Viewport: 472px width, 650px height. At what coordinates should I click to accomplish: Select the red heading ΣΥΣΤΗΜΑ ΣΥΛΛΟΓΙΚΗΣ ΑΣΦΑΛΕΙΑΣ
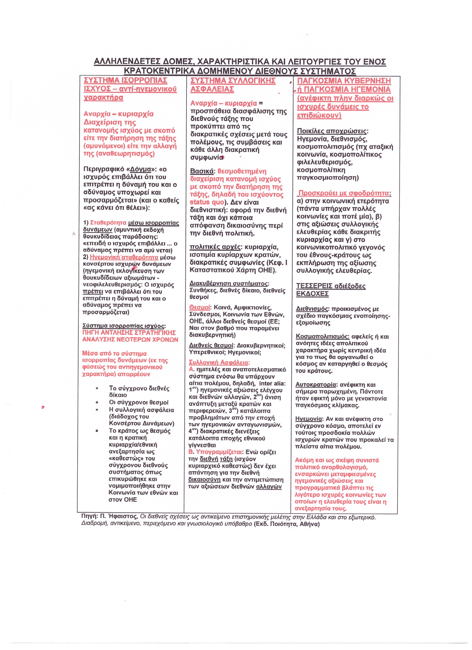[233, 85]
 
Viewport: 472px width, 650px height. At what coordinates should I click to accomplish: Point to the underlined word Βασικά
[202, 171]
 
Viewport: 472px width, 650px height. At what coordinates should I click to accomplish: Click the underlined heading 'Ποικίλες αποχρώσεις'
[332, 131]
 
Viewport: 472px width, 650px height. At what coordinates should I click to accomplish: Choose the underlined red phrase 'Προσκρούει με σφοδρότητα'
[345, 193]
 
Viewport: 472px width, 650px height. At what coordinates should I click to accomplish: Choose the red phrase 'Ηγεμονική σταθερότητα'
[124, 257]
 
